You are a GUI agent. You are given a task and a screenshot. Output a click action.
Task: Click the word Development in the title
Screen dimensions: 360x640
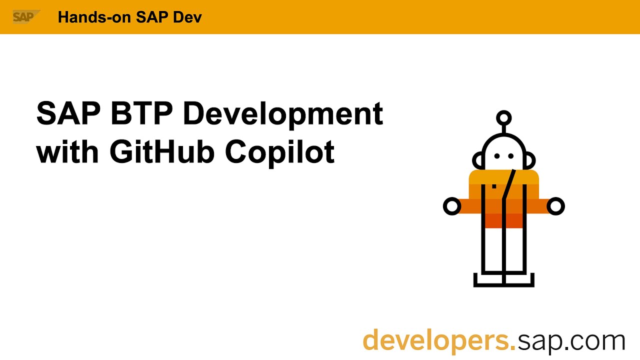pos(282,114)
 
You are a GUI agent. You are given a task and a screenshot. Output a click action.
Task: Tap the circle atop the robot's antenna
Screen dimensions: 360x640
pos(503,118)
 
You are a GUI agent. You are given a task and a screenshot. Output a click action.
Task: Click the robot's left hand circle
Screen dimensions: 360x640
pos(452,206)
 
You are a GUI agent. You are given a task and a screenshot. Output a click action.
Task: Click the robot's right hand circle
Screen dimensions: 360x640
pos(555,206)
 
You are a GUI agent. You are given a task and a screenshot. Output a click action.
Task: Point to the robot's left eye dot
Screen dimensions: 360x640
pos(496,156)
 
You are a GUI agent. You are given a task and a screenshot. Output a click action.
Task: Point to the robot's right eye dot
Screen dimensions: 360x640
pos(511,156)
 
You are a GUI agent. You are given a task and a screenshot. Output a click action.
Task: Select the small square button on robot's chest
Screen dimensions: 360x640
pos(494,186)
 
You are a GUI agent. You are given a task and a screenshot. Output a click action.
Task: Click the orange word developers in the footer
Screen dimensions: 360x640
pos(438,340)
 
